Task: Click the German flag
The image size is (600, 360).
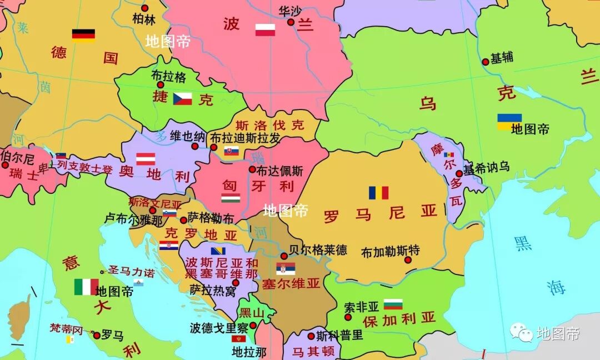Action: click(83, 35)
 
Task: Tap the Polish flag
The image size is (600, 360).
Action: click(265, 30)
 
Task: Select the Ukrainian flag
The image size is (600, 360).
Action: click(509, 121)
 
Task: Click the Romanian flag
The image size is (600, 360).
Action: click(378, 193)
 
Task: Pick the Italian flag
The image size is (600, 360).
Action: click(86, 287)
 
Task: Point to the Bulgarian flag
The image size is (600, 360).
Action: click(393, 304)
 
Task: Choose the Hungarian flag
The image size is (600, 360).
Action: click(231, 198)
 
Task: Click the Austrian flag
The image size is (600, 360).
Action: click(146, 159)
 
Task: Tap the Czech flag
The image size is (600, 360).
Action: click(182, 99)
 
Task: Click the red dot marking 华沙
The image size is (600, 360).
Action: click(291, 22)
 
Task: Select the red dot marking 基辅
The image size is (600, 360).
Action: click(485, 62)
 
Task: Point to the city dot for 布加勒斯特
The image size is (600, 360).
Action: click(408, 259)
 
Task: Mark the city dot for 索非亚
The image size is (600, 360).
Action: click(348, 317)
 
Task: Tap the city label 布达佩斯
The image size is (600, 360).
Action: click(280, 171)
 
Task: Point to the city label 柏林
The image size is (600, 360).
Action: click(144, 19)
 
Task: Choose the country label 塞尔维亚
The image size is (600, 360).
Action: click(291, 283)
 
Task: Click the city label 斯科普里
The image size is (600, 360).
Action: click(339, 336)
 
